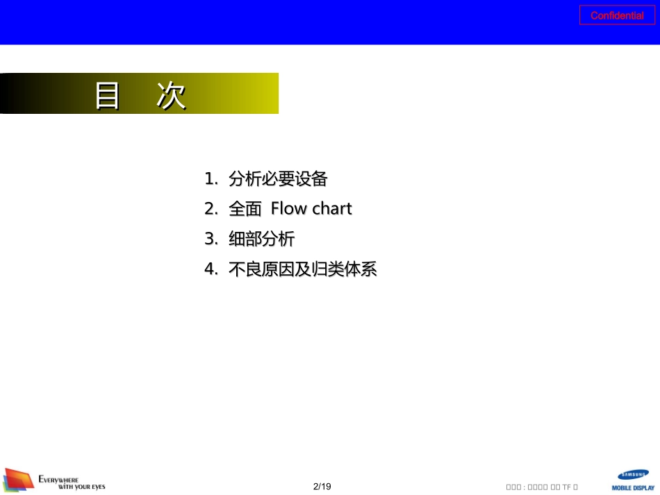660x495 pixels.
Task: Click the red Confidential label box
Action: [x=617, y=15]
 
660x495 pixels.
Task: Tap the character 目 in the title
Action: [x=108, y=96]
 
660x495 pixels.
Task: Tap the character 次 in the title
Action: [x=171, y=96]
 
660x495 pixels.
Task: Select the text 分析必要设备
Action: [x=278, y=179]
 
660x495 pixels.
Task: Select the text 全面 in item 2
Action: [x=244, y=209]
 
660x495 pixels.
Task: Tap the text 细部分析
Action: [x=262, y=240]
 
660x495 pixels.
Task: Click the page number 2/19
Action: [x=322, y=487]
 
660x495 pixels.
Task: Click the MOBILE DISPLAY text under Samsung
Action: [x=633, y=488]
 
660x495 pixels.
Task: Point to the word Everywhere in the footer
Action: [x=59, y=479]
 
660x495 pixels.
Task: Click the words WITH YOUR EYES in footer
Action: [x=81, y=487]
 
